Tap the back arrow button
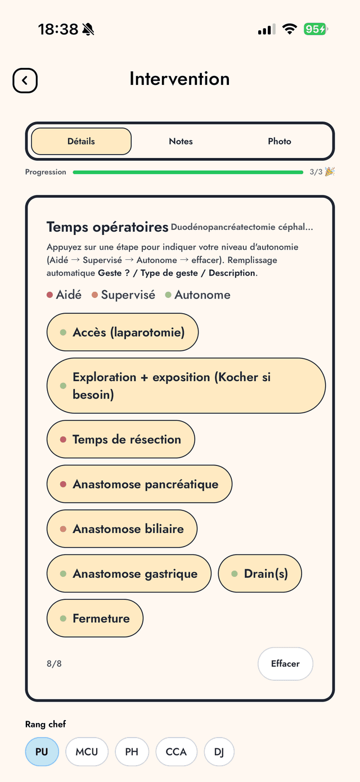pos(25,80)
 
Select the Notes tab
pos(181,141)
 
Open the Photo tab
pos(280,141)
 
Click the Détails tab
pos(81,141)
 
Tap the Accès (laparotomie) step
pos(123,332)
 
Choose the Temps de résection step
pos(121,439)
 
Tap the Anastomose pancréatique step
pos(139,484)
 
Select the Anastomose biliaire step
pos(122,529)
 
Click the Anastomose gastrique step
pos(129,573)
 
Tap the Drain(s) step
pos(260,573)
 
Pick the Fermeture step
pos(95,618)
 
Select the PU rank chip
pos(42,752)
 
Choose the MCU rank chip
pos(87,752)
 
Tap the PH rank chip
pos(132,752)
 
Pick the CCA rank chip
pos(176,752)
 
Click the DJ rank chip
pos(219,752)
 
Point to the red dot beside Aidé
pos(49,295)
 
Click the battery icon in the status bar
pos(315,29)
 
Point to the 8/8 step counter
pos(54,663)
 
